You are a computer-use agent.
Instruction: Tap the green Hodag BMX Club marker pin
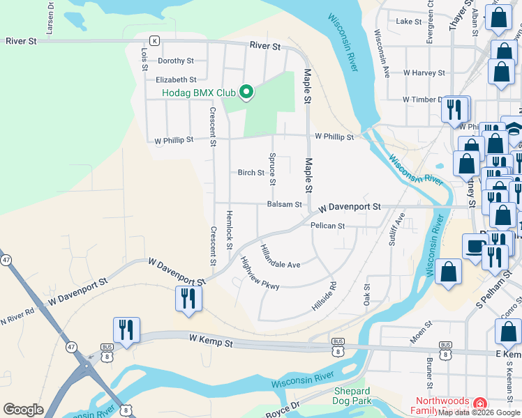point(246,92)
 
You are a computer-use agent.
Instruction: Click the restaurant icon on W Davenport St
point(188,298)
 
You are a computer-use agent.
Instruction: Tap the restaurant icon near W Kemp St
point(126,330)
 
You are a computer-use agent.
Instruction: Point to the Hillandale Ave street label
point(280,257)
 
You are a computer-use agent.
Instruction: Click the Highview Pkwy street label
point(260,274)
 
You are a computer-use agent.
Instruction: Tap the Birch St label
point(251,173)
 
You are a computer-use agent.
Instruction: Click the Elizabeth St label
point(176,80)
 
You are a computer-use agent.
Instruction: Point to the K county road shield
point(154,41)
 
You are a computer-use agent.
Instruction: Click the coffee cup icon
point(475,247)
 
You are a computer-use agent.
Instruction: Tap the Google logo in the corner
point(23,410)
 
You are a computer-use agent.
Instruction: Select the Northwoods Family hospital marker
point(480,404)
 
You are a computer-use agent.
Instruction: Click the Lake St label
point(409,22)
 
